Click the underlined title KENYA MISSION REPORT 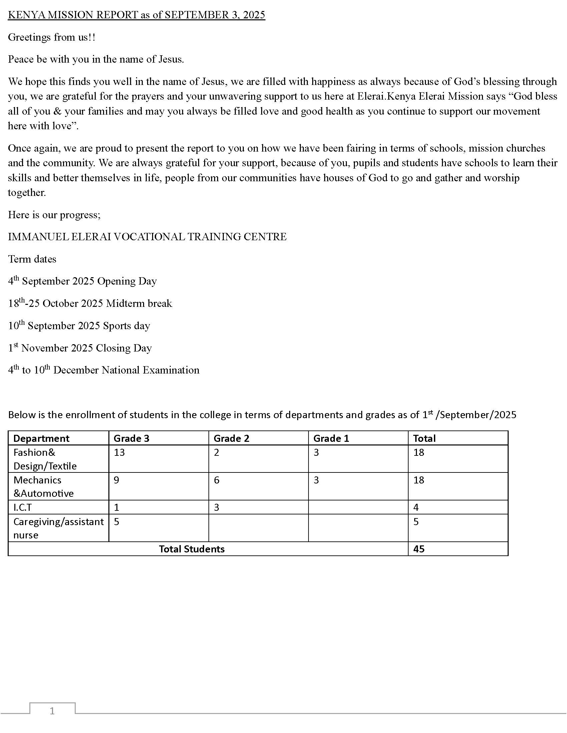[136, 15]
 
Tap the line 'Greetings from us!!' [52, 37]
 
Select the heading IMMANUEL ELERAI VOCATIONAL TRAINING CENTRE [147, 237]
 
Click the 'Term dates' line [32, 259]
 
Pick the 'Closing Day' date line [80, 348]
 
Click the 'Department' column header [41, 438]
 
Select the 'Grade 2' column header [231, 438]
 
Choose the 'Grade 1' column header [331, 438]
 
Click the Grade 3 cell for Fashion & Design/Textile [119, 452]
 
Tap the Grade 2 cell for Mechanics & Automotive [217, 480]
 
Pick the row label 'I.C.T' [22, 507]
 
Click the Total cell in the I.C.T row [416, 507]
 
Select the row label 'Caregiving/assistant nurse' [58, 528]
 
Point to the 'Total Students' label [191, 549]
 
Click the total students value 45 [419, 549]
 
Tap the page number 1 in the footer [52, 711]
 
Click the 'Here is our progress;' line [54, 215]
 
